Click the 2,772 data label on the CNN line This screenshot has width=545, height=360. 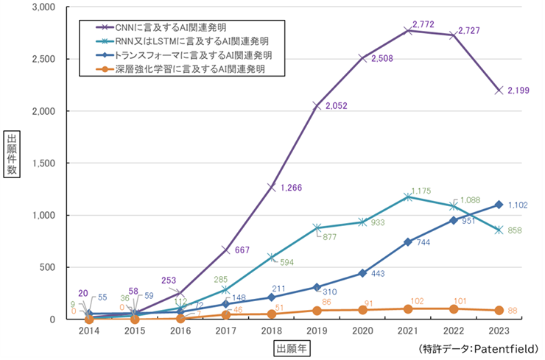coord(423,25)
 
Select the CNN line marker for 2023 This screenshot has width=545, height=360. coord(499,90)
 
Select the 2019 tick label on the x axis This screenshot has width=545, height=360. coord(317,331)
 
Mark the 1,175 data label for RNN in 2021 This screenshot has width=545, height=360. coord(422,191)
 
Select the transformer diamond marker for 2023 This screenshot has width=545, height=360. coord(499,204)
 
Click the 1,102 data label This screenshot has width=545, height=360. coord(520,205)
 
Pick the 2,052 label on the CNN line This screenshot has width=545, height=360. coord(333,105)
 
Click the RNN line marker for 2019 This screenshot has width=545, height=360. coord(317,227)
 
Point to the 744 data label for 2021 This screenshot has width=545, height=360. coord(423,242)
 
